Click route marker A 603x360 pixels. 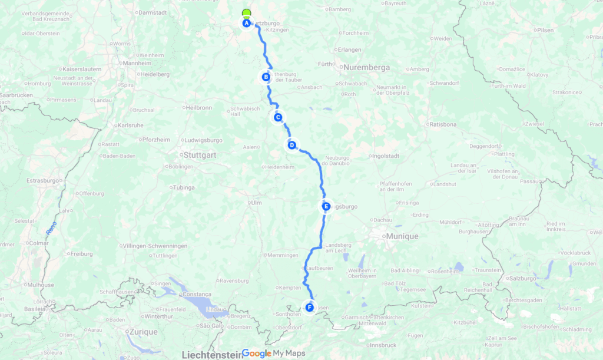(247, 23)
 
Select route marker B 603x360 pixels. (266, 77)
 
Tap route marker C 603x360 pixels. (277, 117)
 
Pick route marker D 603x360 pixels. (291, 145)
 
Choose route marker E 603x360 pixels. (326, 206)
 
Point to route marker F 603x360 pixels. (309, 307)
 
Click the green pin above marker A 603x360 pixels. (246, 14)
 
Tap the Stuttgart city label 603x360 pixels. (200, 156)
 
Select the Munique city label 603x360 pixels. (402, 236)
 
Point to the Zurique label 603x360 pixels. (142, 332)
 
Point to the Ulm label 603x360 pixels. (256, 203)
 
